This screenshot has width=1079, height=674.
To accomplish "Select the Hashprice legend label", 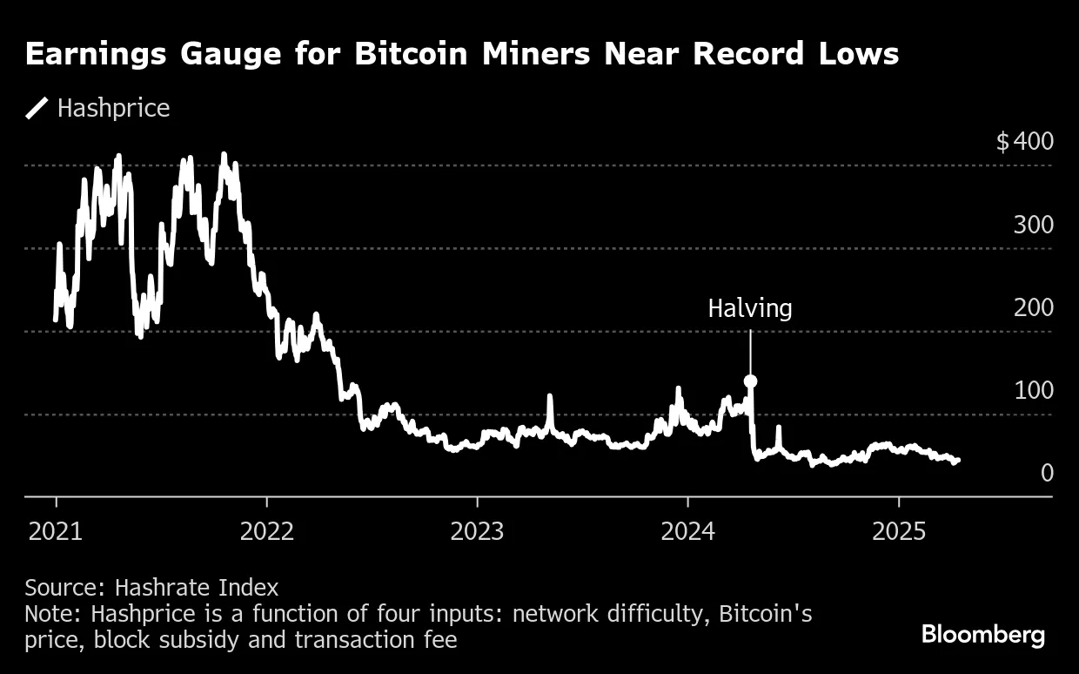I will point(113,109).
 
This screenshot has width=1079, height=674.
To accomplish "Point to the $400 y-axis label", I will point(1024,141).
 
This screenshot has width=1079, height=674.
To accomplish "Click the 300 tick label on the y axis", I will point(1033,225).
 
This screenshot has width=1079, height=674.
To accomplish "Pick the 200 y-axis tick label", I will point(1033,307).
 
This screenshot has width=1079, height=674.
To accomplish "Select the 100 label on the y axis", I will point(1033,390).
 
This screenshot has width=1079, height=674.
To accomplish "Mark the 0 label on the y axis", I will point(1047,473).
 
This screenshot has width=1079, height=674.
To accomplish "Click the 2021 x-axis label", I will point(56,531).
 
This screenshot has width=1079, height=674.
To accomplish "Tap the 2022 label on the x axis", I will point(266,531).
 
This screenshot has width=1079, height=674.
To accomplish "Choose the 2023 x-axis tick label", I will point(477,531).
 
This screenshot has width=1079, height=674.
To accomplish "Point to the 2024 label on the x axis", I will point(687,531).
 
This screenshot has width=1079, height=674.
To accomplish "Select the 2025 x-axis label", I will point(898,531).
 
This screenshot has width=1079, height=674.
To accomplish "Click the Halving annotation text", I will point(750,308).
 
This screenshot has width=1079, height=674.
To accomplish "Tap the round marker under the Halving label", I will point(750,381).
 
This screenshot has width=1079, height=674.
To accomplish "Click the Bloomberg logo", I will point(983,635).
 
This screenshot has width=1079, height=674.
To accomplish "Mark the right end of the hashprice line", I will point(958,459).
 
